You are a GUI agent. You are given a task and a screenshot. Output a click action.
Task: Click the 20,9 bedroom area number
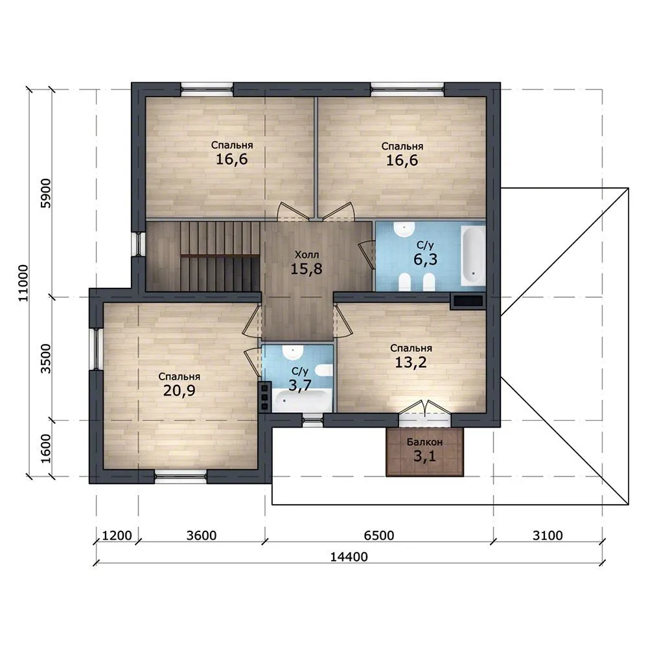(179, 391)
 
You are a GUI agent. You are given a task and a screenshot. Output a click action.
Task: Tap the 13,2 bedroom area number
(411, 362)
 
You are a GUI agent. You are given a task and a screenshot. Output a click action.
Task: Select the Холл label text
(307, 255)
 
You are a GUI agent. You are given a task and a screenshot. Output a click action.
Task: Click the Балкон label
(424, 442)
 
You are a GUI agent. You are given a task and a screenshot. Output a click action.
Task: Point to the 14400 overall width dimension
(349, 557)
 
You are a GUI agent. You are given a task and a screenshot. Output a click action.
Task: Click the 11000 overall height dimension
(24, 283)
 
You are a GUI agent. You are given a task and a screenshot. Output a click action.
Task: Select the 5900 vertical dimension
(47, 193)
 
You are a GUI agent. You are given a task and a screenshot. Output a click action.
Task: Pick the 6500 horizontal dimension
(379, 536)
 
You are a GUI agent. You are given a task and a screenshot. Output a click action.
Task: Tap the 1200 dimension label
(117, 536)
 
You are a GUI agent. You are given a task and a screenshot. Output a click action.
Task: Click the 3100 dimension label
(548, 536)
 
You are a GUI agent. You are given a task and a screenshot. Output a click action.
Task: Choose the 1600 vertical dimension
(47, 448)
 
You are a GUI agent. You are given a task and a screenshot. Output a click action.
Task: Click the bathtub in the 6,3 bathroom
(473, 255)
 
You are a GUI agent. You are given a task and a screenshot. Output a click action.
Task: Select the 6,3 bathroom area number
(425, 260)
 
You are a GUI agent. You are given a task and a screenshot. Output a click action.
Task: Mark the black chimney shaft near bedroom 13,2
(469, 301)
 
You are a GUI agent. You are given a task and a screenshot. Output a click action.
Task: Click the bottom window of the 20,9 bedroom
(181, 476)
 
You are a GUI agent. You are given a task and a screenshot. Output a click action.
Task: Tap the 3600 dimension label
(202, 536)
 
